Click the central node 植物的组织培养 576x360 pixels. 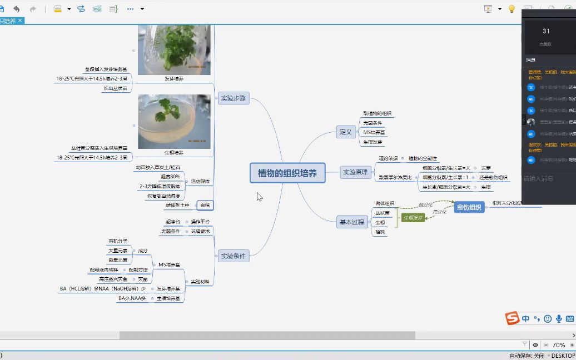point(287,173)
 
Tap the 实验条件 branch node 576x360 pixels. point(234,256)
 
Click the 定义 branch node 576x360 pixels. point(346,132)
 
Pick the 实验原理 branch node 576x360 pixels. point(355,173)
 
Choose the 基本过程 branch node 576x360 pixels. point(351,222)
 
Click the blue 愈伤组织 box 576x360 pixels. point(469,208)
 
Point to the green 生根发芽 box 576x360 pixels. point(413,217)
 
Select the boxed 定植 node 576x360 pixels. point(205,206)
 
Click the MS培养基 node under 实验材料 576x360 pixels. point(169,264)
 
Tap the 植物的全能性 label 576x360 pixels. point(423,158)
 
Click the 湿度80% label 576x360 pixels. point(170,177)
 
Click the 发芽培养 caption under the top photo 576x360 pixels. point(173,79)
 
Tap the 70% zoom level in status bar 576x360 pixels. point(559,345)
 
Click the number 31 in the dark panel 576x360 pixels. point(546,31)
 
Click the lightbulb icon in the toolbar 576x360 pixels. point(512,9)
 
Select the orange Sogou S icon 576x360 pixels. point(512,318)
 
